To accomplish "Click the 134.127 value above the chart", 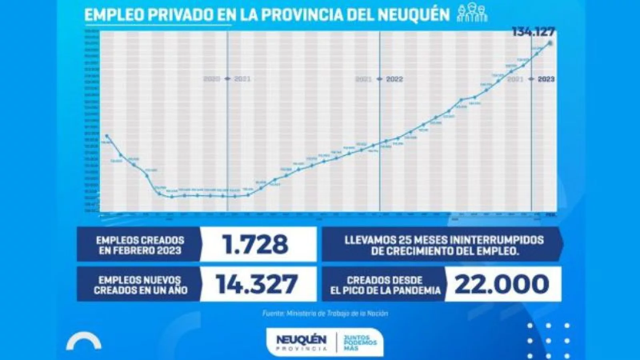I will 534,33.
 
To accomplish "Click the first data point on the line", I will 106,136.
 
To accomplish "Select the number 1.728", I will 256,244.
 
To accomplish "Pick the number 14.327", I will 257,284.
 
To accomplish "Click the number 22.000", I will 502,284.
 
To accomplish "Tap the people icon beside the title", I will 472,14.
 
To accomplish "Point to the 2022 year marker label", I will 394,79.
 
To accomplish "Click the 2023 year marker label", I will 546,79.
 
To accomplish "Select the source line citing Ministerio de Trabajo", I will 325,314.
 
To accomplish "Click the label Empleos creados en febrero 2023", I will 140,244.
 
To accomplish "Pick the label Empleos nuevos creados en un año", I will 140,284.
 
